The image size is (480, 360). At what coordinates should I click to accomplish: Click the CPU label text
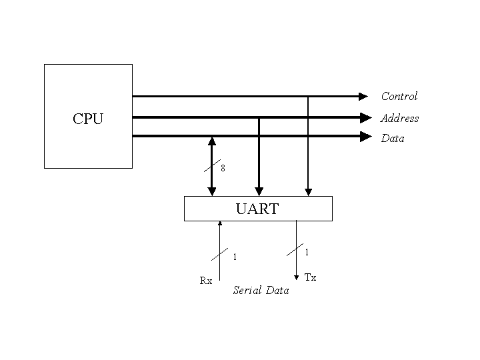tap(88, 119)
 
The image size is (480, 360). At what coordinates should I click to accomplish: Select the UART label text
tap(257, 209)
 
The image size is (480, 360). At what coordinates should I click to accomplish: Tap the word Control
tap(399, 96)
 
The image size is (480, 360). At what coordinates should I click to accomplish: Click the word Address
tap(399, 118)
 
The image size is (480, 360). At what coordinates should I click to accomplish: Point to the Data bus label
tap(392, 139)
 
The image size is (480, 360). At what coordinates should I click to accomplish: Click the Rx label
tap(206, 281)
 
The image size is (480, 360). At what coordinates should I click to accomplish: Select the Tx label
tap(310, 277)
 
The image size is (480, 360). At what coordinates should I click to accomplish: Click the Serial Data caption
tap(261, 291)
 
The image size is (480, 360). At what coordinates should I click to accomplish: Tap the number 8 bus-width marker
tap(223, 169)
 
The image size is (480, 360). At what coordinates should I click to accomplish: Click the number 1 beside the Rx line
tap(235, 257)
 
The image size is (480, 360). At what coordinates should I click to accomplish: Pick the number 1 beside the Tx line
tap(307, 252)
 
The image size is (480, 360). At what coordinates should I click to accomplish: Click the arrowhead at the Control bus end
tap(364, 96)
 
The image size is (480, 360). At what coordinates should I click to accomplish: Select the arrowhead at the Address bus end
tap(365, 118)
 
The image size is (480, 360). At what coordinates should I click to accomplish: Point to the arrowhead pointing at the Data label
tap(365, 137)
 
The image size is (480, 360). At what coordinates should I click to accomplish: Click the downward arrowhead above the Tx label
tap(296, 276)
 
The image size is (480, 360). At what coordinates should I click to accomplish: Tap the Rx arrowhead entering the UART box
tap(219, 225)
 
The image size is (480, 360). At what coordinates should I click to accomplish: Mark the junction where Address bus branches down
tap(259, 118)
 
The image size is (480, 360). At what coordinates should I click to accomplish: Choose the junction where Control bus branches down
tap(307, 96)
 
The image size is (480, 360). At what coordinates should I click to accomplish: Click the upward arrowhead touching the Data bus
tap(212, 141)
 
